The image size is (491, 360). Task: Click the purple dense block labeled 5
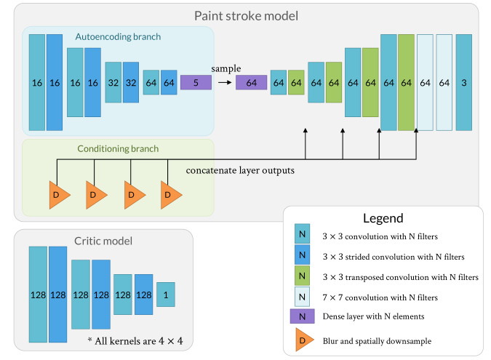pyautogui.click(x=196, y=82)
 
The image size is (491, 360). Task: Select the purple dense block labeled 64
pyautogui.click(x=251, y=82)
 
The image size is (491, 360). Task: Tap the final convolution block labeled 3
pyautogui.click(x=464, y=82)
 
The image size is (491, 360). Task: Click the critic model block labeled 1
pyautogui.click(x=166, y=295)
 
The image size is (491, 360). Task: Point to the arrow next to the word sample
pyautogui.click(x=225, y=82)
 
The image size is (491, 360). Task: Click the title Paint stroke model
pyautogui.click(x=246, y=16)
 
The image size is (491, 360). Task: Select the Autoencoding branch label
pyautogui.click(x=118, y=37)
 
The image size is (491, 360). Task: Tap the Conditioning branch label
pyautogui.click(x=118, y=148)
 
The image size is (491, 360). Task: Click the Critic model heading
pyautogui.click(x=103, y=241)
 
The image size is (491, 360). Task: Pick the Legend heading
pyautogui.click(x=383, y=218)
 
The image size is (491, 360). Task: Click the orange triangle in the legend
pyautogui.click(x=304, y=340)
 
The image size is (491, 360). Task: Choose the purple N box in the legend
pyautogui.click(x=302, y=316)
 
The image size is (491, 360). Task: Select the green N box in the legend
pyautogui.click(x=302, y=276)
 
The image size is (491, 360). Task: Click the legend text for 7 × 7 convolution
pyautogui.click(x=380, y=297)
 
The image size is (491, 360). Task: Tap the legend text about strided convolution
pyautogui.click(x=394, y=257)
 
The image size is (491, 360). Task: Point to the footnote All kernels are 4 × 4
pyautogui.click(x=135, y=340)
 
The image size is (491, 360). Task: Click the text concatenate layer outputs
pyautogui.click(x=240, y=171)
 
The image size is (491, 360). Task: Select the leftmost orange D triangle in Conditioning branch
pyautogui.click(x=60, y=195)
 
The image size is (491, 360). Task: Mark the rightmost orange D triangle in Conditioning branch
pyautogui.click(x=171, y=195)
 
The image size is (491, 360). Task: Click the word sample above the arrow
pyautogui.click(x=226, y=69)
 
